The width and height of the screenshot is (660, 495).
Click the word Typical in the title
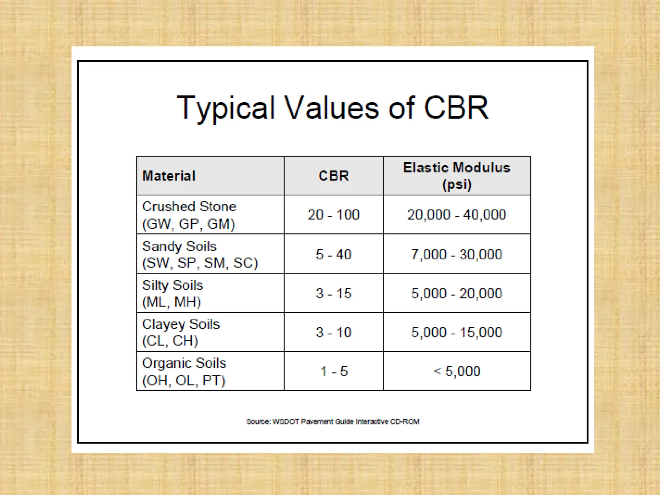(x=226, y=108)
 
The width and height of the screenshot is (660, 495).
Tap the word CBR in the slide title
(x=456, y=108)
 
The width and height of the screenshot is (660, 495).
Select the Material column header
(x=169, y=176)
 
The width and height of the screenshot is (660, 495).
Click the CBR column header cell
(x=334, y=176)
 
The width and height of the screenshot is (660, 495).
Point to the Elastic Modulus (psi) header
(x=457, y=176)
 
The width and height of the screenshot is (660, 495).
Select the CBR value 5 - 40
(x=334, y=255)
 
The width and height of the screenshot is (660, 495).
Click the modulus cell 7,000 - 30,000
(x=457, y=255)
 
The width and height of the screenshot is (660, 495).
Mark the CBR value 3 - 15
(x=334, y=294)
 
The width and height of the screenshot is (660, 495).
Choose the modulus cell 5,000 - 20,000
(x=457, y=294)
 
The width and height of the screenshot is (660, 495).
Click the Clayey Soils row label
(x=180, y=332)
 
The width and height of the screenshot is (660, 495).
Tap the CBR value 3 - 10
(x=334, y=332)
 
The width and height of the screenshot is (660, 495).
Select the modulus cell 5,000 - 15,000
(x=457, y=332)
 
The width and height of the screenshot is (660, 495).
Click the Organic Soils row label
(x=184, y=371)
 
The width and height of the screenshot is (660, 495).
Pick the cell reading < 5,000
(x=457, y=371)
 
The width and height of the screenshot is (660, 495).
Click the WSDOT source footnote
(x=333, y=422)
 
